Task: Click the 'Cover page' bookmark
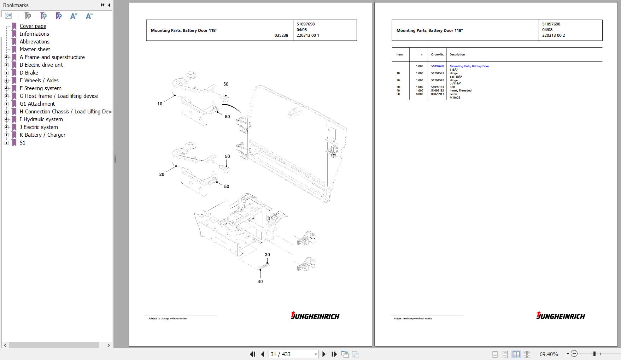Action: click(x=33, y=26)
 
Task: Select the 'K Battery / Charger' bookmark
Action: click(x=42, y=135)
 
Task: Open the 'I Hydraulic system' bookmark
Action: click(x=41, y=119)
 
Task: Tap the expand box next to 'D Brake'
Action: click(x=6, y=73)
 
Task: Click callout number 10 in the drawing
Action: click(x=160, y=104)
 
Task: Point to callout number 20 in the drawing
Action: click(x=162, y=175)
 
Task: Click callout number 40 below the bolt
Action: click(x=260, y=282)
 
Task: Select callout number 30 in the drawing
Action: click(x=267, y=255)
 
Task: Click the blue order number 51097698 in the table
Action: click(x=437, y=66)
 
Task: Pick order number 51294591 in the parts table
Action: click(x=437, y=73)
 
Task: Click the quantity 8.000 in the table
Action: click(x=419, y=94)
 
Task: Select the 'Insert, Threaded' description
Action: click(x=460, y=90)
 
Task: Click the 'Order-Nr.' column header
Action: click(x=437, y=54)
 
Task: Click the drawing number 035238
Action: click(x=281, y=35)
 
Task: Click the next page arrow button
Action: click(x=324, y=354)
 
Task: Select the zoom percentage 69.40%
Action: click(x=549, y=354)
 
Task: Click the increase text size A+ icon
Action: click(x=74, y=16)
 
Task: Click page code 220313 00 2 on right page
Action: click(x=553, y=35)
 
